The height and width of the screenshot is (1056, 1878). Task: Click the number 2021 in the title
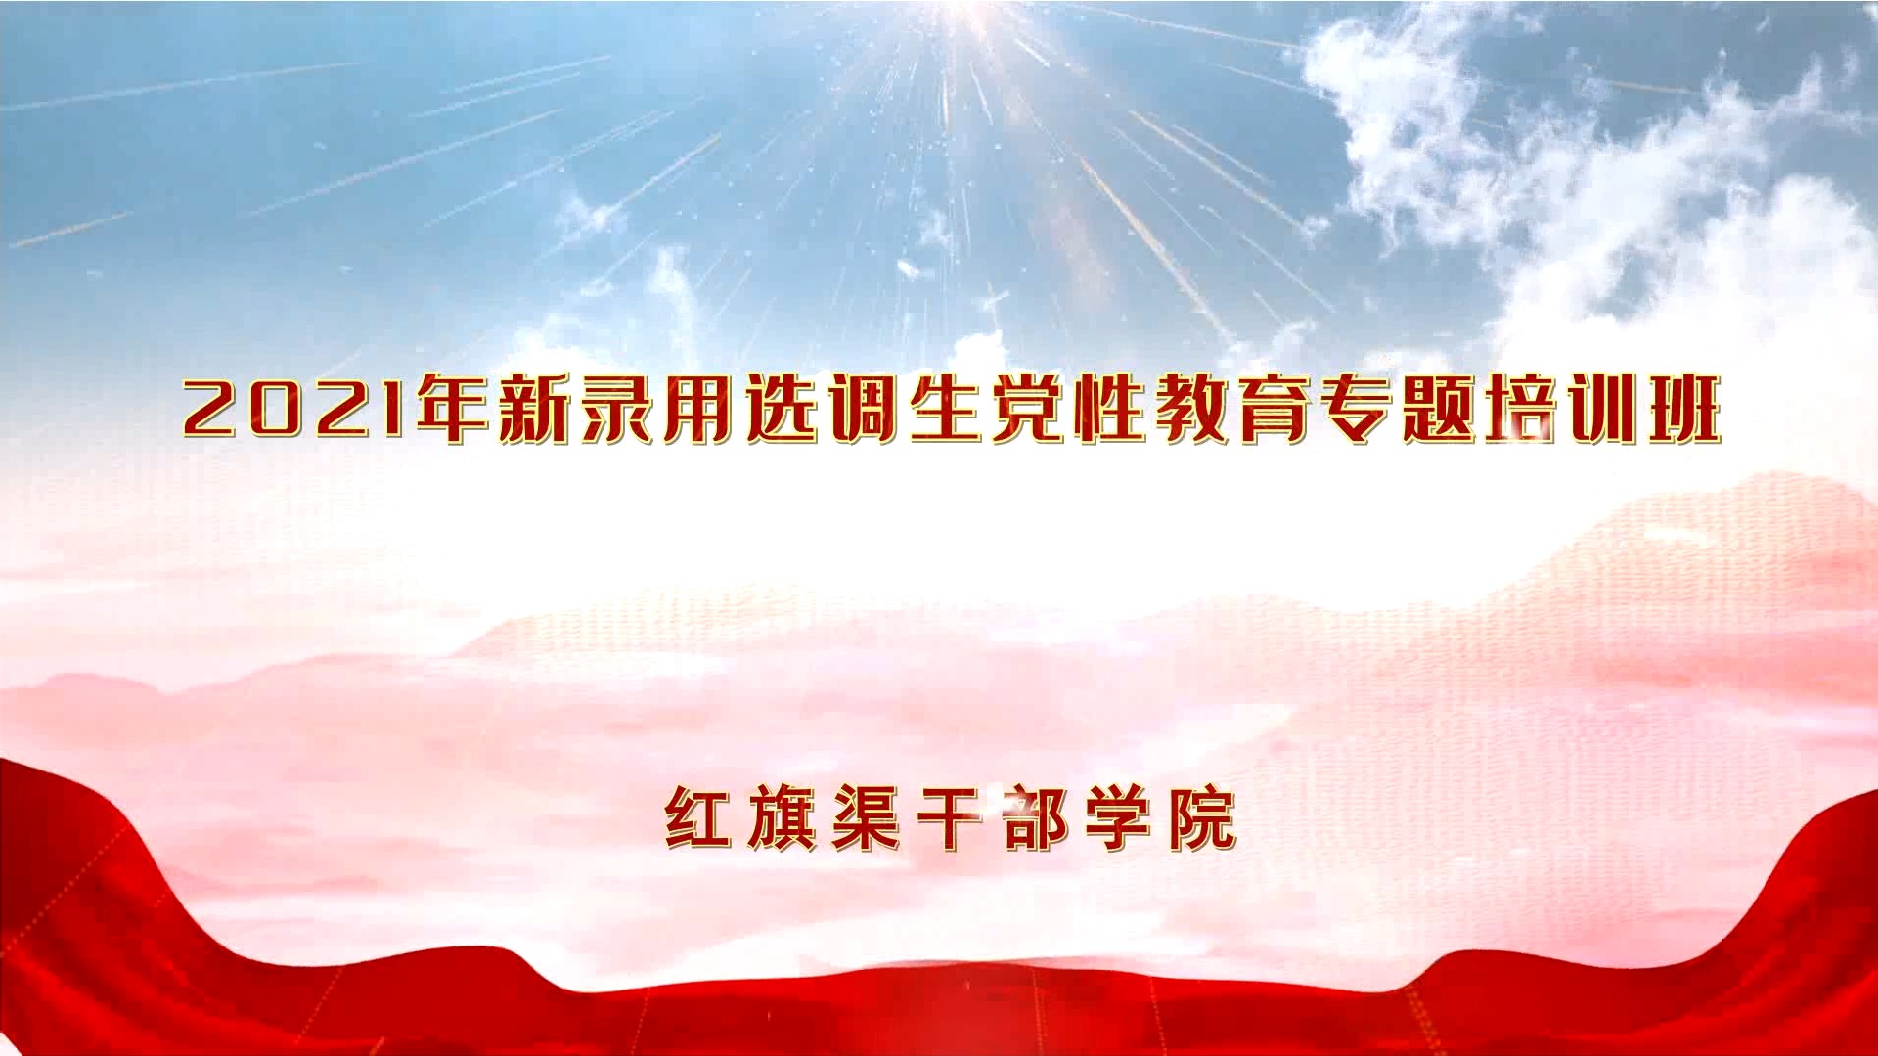[x=294, y=409]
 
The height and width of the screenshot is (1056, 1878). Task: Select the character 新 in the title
[x=536, y=408]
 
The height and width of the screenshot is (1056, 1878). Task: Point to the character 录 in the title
[x=618, y=408]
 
